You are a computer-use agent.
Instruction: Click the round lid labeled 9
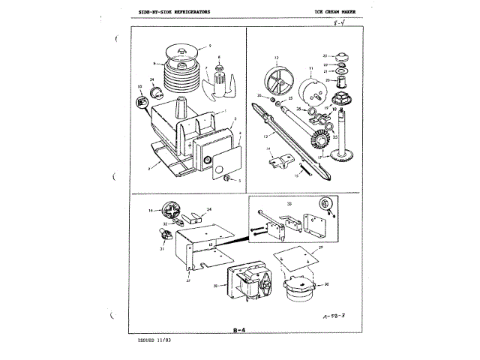pyautogui.click(x=182, y=52)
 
